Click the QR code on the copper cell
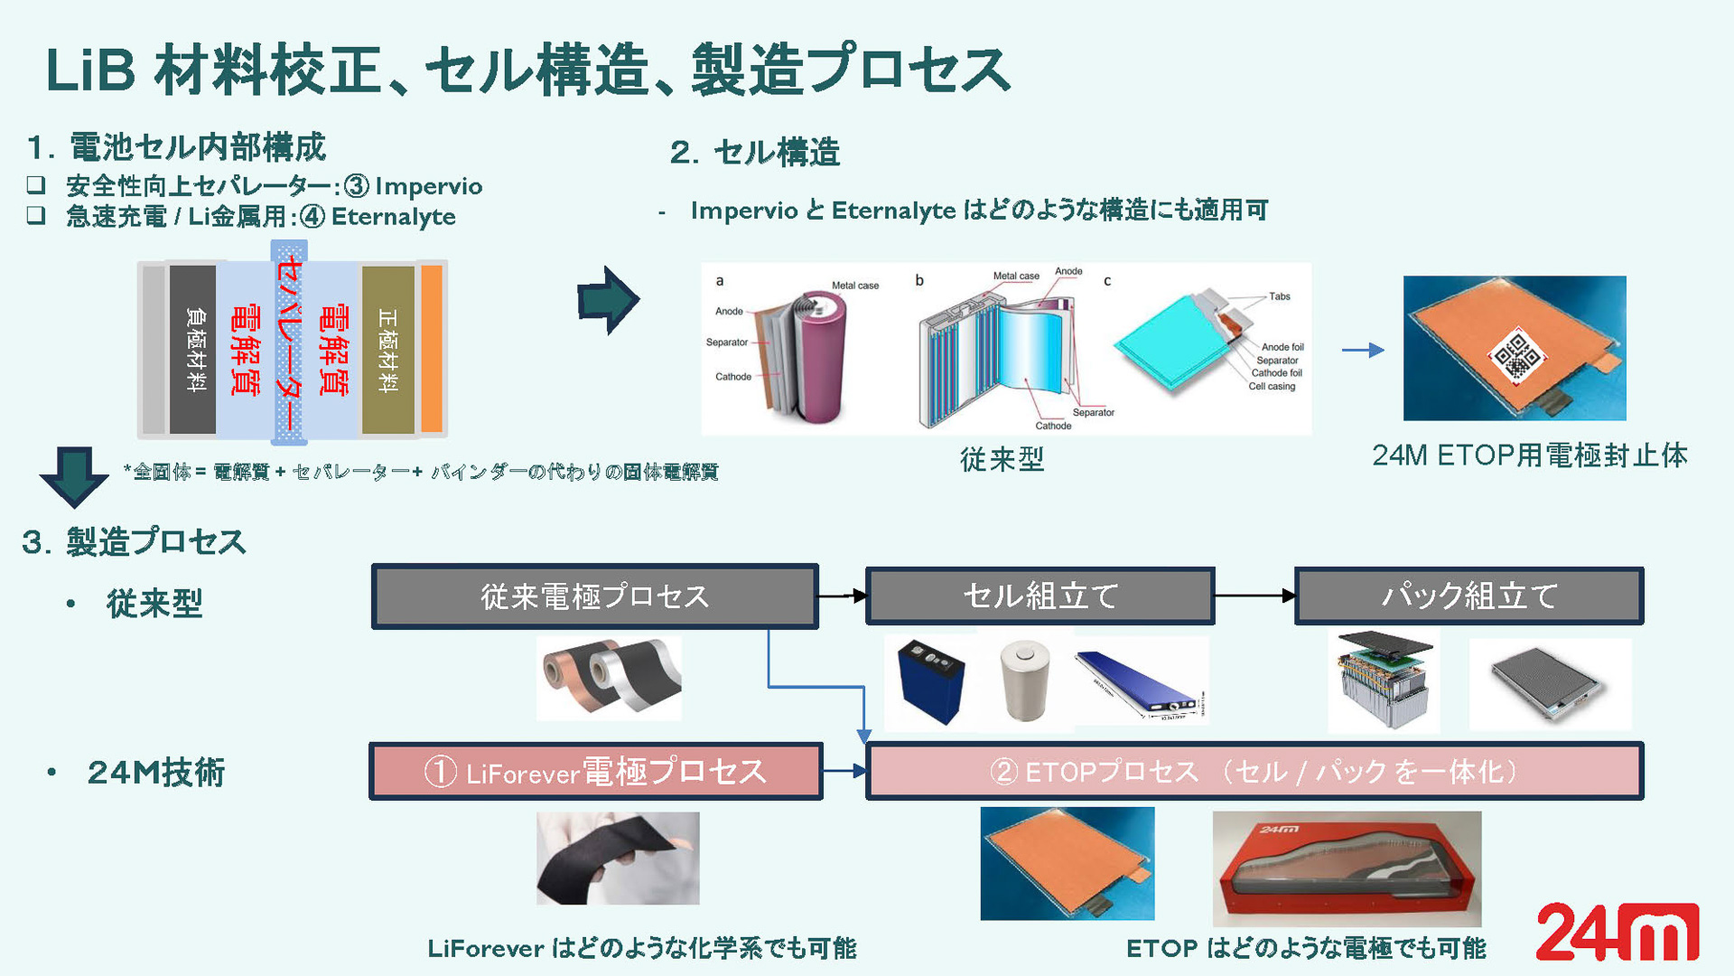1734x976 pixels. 1517,355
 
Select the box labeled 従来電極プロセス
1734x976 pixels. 594,596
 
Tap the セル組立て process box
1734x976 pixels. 1039,596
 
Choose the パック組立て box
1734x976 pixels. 1468,596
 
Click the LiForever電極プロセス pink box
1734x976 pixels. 595,772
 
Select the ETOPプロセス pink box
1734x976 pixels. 1254,772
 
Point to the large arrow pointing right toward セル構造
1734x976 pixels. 609,300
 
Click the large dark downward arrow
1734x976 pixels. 74,475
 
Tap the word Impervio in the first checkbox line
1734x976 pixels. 428,186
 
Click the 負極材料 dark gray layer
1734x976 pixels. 193,349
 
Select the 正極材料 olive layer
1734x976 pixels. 387,349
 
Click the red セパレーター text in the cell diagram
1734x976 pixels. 289,343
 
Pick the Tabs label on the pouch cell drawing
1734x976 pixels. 1279,296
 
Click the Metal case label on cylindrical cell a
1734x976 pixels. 854,286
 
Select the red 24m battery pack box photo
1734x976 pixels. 1347,868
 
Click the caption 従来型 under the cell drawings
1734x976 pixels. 1002,459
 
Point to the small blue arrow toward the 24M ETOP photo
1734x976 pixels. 1363,350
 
